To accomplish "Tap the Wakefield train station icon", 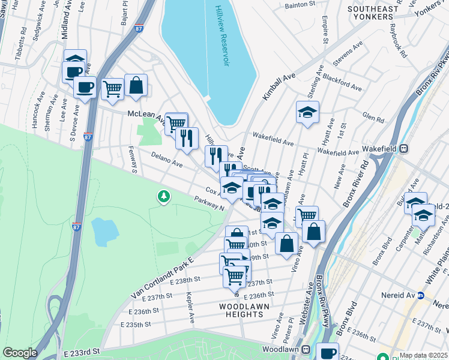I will tap(404, 148).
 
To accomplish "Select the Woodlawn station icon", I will tap(306, 349).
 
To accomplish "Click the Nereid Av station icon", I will tap(421, 296).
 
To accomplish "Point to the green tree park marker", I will tap(163, 197).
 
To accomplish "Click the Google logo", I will tap(20, 353).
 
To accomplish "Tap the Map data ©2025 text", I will tap(423, 355).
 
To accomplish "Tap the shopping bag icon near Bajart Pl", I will tap(136, 85).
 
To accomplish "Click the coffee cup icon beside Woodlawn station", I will tap(327, 353).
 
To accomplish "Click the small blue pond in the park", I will tap(105, 232).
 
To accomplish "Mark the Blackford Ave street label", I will tap(342, 83).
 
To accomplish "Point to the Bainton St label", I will tap(300, 4).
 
